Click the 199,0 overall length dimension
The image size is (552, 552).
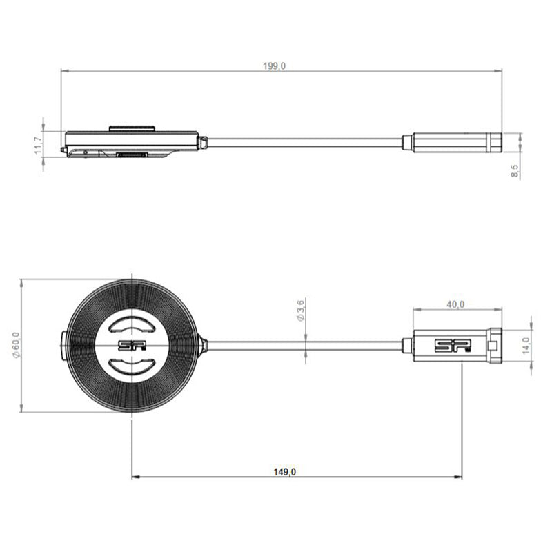coord(274,66)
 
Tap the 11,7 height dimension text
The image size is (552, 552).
coord(39,146)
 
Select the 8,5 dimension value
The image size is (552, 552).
coord(514,171)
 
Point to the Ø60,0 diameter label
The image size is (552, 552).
coord(16,345)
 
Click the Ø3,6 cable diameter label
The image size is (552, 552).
coord(300,310)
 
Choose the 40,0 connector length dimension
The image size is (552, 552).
coord(455,304)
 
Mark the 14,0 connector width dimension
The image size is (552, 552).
coord(526,346)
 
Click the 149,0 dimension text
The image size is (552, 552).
coord(285,472)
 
